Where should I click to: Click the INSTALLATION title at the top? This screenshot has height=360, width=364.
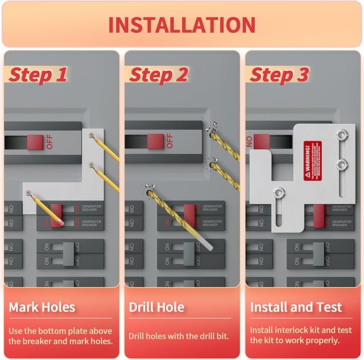[182, 25]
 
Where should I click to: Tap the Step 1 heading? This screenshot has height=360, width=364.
[38, 75]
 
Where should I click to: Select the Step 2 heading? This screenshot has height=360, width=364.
[158, 75]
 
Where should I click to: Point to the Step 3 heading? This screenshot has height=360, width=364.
[279, 75]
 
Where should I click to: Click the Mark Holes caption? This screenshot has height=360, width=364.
[42, 307]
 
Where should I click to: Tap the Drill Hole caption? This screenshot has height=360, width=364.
[157, 307]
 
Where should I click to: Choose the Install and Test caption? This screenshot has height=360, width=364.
[296, 307]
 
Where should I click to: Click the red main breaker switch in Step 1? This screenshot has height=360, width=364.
[35, 142]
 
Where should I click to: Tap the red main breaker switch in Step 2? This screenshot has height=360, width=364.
[155, 141]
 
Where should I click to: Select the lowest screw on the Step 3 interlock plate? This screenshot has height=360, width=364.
[279, 192]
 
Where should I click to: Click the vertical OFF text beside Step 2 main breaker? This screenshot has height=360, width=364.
[169, 141]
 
